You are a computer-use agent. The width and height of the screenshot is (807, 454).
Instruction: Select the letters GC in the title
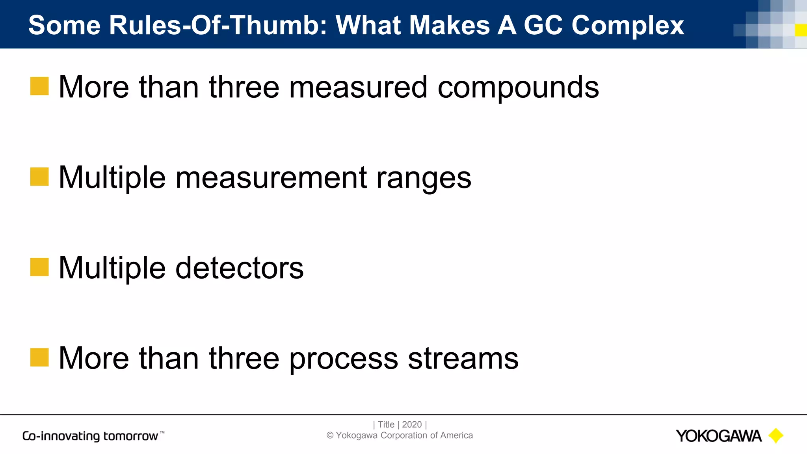(x=543, y=25)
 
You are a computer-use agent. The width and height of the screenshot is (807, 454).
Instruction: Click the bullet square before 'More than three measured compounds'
(x=39, y=86)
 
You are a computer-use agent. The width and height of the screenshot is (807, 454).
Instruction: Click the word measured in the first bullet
(x=358, y=87)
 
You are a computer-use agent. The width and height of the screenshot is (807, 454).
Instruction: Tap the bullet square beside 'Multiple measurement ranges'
(x=39, y=177)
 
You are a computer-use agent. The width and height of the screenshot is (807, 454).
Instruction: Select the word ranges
(x=424, y=178)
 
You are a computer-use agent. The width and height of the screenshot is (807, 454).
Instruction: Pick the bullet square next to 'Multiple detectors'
(x=39, y=267)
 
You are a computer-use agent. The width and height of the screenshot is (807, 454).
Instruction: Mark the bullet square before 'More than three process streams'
(x=39, y=357)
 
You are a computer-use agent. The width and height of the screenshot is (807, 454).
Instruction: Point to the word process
(x=343, y=359)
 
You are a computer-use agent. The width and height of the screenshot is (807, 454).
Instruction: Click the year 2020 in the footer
(x=412, y=424)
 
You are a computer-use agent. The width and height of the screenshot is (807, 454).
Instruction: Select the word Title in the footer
(x=386, y=424)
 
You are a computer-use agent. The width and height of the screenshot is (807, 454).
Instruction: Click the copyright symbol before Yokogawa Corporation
(x=330, y=435)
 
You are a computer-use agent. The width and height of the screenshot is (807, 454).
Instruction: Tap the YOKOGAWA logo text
(x=718, y=436)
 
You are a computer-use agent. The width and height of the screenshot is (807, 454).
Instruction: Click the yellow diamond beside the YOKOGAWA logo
(x=776, y=435)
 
